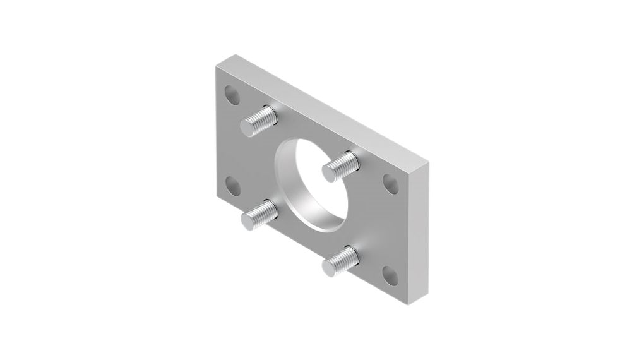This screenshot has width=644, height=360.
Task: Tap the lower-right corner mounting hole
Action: pos(390,275)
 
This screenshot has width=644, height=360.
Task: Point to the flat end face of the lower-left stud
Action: pos(248,219)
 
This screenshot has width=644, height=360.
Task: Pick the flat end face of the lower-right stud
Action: pos(330,267)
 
